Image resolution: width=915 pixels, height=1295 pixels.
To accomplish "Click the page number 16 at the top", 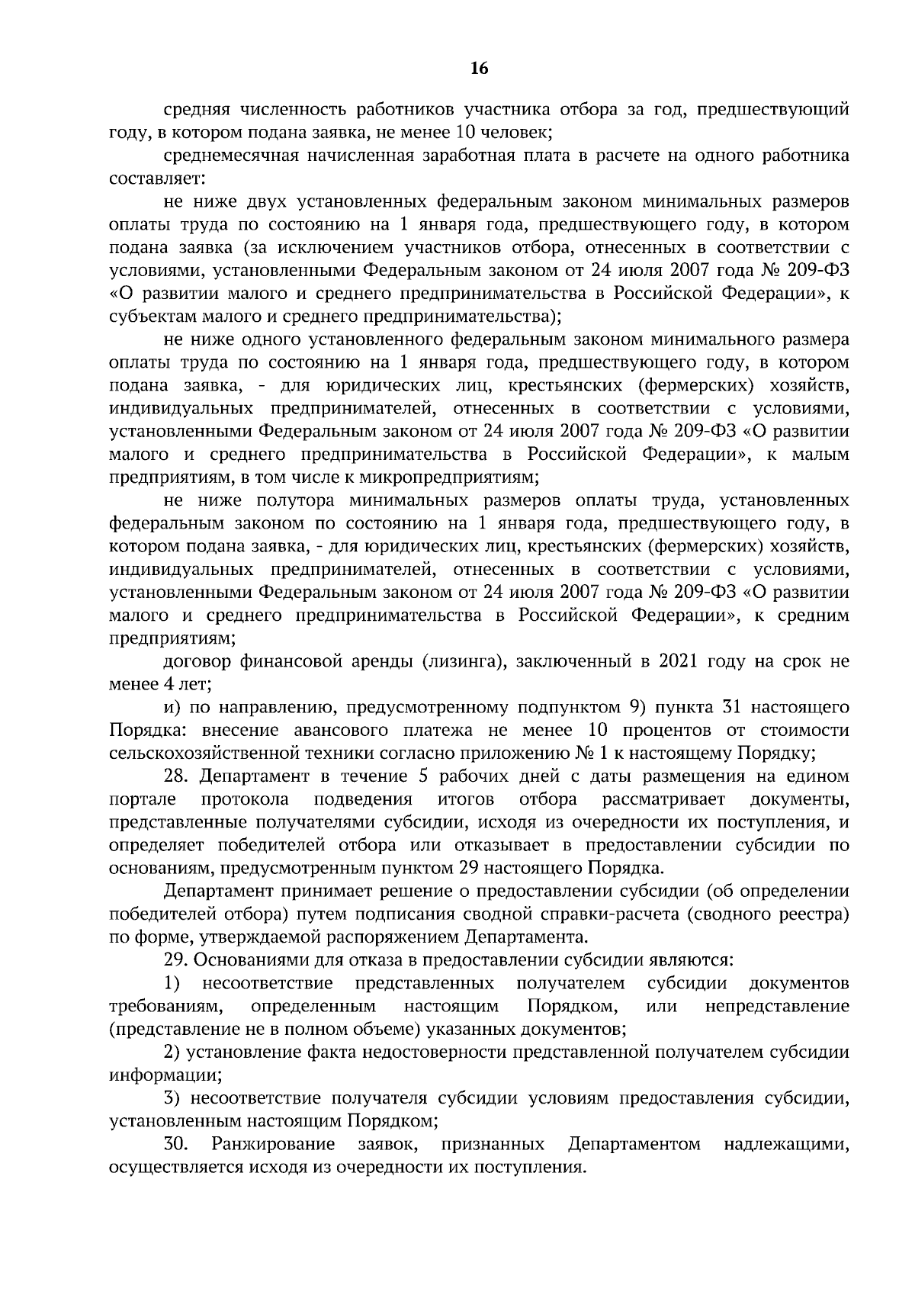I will tap(480, 69).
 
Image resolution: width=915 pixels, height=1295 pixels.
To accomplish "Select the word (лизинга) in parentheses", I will tap(464, 662).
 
